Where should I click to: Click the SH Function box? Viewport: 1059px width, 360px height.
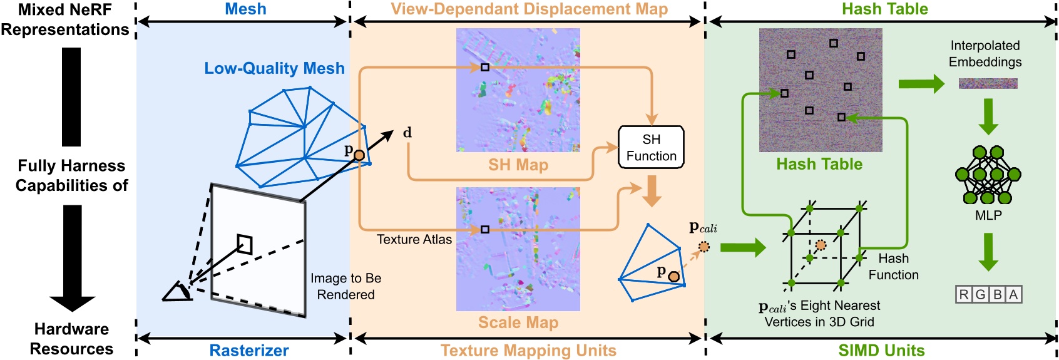651,148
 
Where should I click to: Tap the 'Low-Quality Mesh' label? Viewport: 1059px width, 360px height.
274,68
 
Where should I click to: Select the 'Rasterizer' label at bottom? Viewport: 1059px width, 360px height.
248,350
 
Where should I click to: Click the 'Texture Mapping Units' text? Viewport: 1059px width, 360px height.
528,350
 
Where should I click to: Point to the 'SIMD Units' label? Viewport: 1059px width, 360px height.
881,350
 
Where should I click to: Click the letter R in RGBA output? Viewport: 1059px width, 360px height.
964,294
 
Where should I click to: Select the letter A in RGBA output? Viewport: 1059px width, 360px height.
1013,294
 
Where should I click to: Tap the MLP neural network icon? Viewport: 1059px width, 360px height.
988,175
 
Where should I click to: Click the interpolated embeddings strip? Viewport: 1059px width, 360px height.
988,83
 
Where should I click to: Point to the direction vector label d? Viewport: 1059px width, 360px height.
407,133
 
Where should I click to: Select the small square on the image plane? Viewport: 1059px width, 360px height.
245,244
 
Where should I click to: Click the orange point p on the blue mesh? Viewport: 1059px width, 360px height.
359,155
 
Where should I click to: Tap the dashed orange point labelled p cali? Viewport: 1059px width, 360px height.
704,247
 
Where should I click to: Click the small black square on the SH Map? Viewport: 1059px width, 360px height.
485,67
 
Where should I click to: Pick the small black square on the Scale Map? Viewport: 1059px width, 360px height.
485,230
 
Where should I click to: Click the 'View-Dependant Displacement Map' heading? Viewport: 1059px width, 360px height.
529,9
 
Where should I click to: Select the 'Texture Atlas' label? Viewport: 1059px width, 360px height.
414,239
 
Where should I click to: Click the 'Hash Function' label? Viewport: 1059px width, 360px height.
893,267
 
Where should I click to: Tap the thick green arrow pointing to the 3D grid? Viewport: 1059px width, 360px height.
742,247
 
